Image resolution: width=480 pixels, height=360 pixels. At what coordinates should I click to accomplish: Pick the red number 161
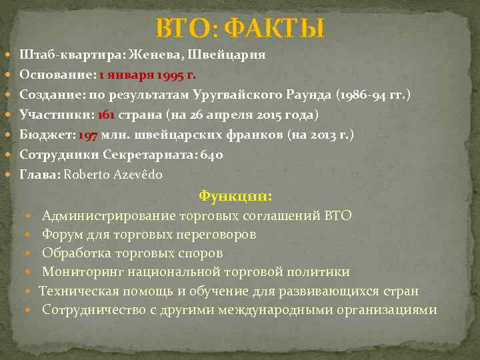[x=106, y=115]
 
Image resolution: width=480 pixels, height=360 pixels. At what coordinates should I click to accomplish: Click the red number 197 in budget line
[x=88, y=135]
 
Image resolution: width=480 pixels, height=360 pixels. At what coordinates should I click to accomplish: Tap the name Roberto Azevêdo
[x=113, y=175]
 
